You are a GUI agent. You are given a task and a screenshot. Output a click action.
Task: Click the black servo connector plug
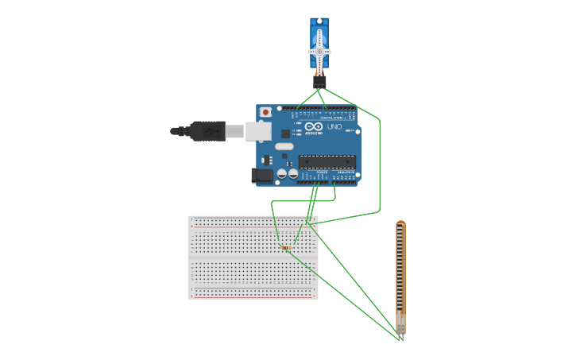[x=319, y=81]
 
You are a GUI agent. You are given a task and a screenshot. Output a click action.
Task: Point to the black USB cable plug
[x=207, y=130]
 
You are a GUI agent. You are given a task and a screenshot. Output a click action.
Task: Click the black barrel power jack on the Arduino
[x=262, y=176]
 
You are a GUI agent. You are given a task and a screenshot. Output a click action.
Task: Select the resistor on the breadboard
[x=286, y=248]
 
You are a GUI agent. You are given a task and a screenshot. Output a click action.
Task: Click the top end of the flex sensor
[x=400, y=225]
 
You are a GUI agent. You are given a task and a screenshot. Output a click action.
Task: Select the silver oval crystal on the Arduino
[x=284, y=146]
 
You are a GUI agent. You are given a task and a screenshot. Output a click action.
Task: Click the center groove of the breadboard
[x=253, y=257]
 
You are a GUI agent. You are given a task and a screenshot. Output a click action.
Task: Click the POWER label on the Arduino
[x=322, y=172]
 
